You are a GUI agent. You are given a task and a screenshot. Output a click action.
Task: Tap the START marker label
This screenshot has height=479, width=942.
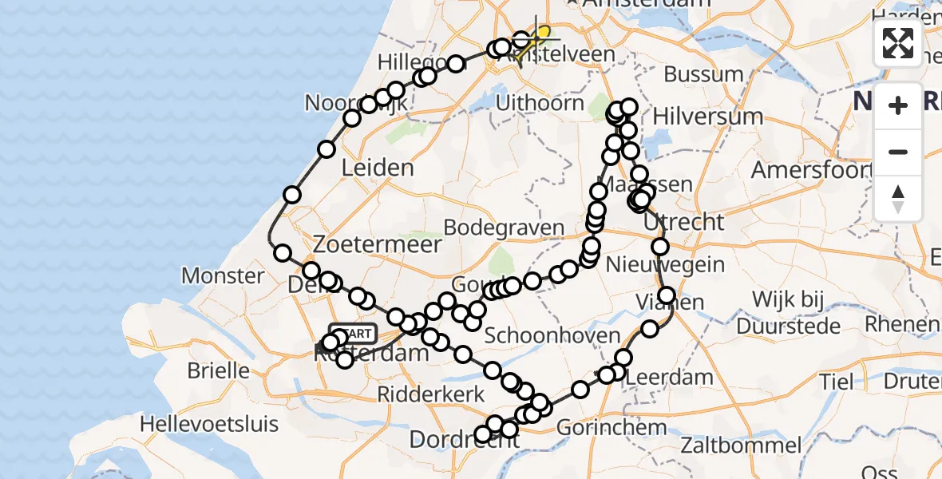tap(353, 332)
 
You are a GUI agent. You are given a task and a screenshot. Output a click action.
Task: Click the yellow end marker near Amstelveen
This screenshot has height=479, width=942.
tap(543, 33)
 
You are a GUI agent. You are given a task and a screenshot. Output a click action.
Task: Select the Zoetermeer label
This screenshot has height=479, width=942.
tap(378, 244)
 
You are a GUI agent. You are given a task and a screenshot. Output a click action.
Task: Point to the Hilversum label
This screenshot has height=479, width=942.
tap(707, 117)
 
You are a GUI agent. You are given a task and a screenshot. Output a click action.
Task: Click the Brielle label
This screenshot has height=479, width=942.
tap(218, 370)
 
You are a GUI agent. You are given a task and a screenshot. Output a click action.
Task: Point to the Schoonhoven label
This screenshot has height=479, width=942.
tap(552, 335)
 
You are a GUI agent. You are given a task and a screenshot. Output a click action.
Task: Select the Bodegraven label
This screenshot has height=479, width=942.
tap(504, 228)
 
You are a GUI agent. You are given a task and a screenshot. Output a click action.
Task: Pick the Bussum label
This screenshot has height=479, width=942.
tap(703, 74)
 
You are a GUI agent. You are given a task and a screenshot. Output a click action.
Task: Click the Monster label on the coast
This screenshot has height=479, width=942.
tap(223, 276)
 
